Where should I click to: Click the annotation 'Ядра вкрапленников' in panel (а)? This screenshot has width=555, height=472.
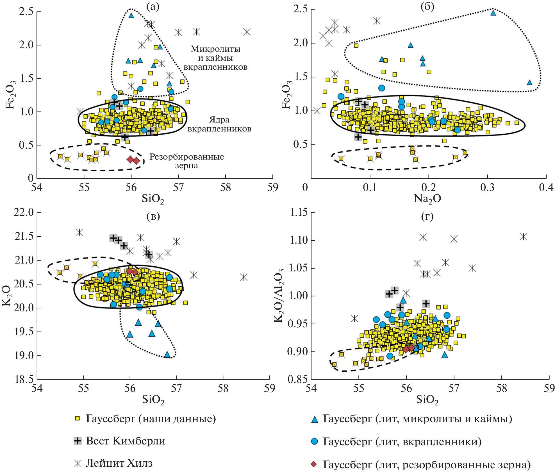219,124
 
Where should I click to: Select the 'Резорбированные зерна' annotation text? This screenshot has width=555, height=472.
186,161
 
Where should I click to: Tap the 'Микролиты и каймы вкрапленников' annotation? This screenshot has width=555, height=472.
215,58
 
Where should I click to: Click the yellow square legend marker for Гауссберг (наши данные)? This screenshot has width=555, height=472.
78,419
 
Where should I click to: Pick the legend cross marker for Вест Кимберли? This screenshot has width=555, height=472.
78,441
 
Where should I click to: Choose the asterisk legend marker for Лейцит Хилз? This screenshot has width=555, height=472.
78,463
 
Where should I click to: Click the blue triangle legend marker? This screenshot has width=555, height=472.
315,419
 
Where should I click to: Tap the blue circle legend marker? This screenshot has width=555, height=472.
315,441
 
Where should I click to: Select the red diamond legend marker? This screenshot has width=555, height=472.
314,464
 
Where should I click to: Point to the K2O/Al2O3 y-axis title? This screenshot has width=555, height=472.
279,296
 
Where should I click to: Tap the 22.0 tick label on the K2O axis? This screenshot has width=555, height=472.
24,212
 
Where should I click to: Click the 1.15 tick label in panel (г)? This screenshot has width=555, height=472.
299,212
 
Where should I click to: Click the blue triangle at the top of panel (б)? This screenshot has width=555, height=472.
493,13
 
